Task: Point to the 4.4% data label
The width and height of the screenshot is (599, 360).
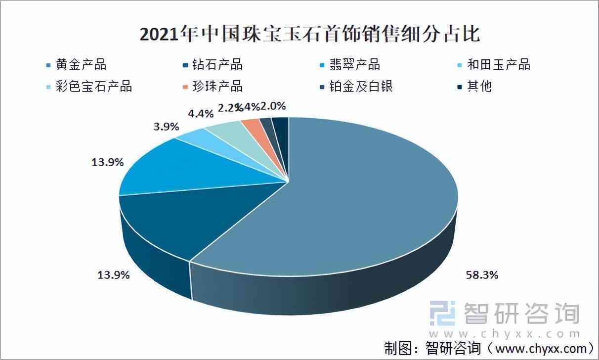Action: coord(201,113)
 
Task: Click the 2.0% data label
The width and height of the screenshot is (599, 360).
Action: coord(273,106)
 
